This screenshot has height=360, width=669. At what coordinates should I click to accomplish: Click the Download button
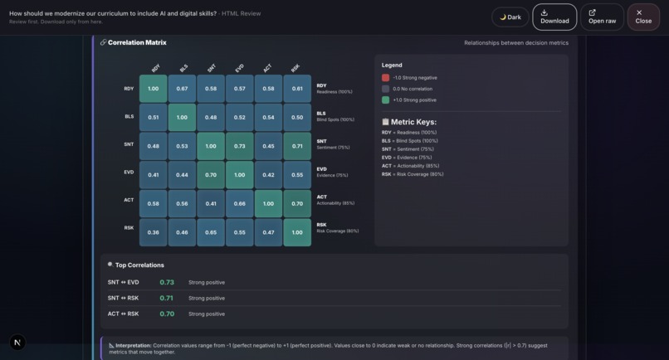click(x=554, y=17)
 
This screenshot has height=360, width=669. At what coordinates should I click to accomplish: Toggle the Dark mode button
click(x=510, y=17)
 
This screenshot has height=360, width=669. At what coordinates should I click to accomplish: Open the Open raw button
click(x=602, y=17)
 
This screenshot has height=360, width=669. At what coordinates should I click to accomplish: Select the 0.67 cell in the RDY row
click(x=182, y=89)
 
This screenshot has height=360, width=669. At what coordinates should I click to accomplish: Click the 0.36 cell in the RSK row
click(x=153, y=232)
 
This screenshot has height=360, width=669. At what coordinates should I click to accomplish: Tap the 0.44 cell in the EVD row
click(x=182, y=175)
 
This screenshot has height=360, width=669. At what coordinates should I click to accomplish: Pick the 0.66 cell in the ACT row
click(x=239, y=203)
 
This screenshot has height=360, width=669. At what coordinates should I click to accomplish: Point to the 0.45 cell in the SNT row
click(x=268, y=146)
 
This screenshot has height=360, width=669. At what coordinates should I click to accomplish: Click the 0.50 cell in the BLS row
click(x=297, y=118)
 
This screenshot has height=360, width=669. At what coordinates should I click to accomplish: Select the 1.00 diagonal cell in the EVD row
click(x=239, y=175)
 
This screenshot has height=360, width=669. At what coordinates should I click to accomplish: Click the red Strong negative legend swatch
click(x=385, y=78)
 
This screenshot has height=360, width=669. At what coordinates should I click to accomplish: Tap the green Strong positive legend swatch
click(x=385, y=100)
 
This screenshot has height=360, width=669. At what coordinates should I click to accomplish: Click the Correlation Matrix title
click(x=137, y=42)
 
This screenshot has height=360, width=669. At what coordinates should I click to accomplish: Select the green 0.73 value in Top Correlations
click(x=167, y=282)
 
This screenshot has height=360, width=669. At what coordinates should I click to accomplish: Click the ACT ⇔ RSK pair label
click(x=123, y=314)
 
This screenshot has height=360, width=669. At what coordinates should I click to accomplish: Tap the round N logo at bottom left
click(x=17, y=342)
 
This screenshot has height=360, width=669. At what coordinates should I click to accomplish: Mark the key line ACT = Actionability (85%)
click(x=409, y=166)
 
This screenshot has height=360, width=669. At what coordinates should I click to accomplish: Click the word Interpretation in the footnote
click(x=133, y=345)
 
